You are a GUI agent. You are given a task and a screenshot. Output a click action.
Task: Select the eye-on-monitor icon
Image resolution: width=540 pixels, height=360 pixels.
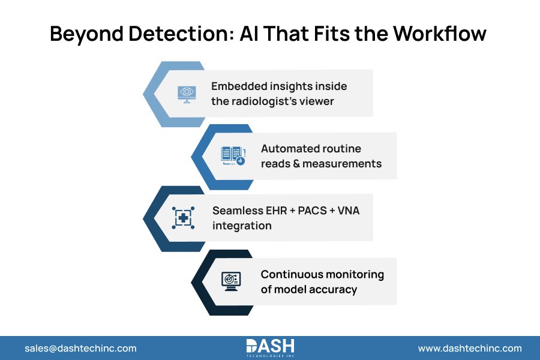click(x=187, y=94)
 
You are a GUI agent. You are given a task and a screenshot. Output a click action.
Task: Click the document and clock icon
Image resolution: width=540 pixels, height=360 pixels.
click(x=233, y=156)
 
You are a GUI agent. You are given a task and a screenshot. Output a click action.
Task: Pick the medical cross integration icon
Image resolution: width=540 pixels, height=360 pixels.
click(x=183, y=217)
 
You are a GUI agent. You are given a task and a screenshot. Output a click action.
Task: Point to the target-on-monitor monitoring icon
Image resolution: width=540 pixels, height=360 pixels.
click(x=231, y=281)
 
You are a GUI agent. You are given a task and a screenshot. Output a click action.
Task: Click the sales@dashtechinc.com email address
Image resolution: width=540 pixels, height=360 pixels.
click(x=80, y=348)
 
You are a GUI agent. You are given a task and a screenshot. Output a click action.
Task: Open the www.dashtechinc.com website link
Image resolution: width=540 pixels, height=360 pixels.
click(x=470, y=348)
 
